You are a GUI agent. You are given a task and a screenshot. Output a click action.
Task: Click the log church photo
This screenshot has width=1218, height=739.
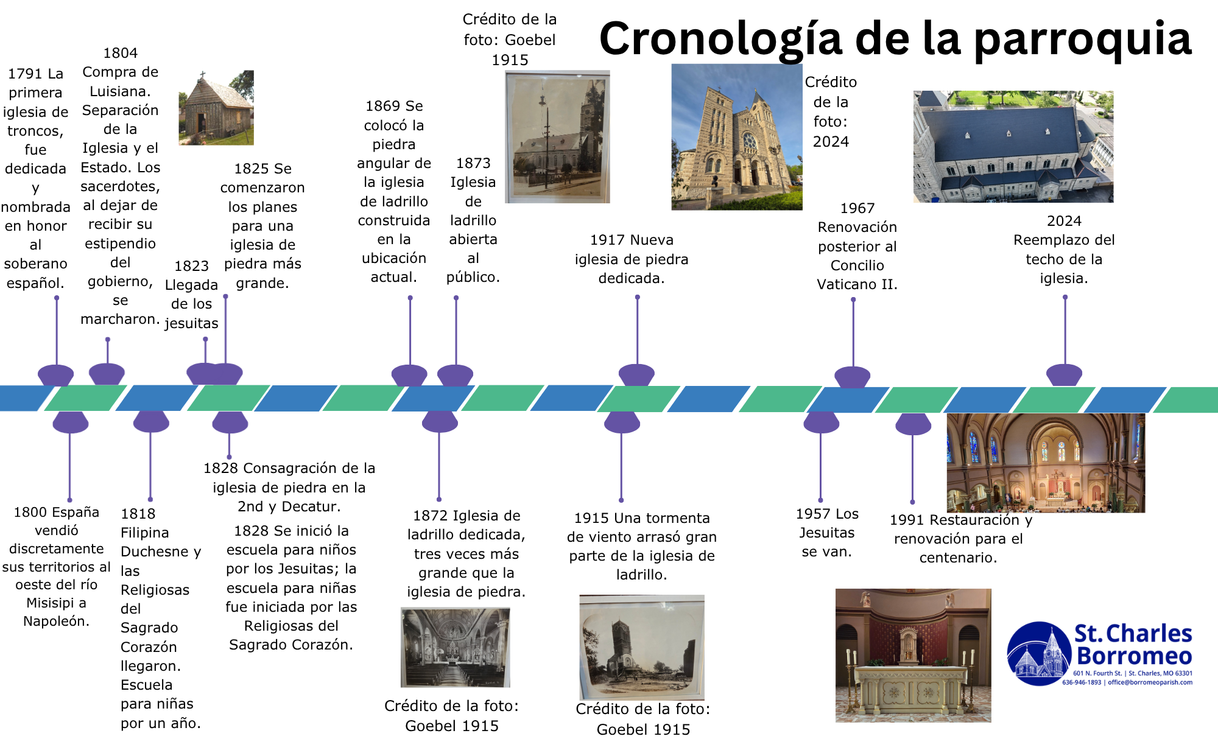tap(216, 108)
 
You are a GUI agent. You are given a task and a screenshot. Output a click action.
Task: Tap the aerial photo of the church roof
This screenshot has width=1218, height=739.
tap(1013, 147)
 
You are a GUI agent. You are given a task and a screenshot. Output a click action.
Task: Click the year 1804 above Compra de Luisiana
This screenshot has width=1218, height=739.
tap(120, 53)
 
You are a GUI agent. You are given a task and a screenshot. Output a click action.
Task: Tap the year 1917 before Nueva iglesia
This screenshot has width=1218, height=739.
tap(607, 240)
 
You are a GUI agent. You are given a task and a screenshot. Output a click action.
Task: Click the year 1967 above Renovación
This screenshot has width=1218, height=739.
tap(857, 208)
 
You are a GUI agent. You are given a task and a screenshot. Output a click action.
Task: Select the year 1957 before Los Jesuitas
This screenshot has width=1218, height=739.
tap(812, 514)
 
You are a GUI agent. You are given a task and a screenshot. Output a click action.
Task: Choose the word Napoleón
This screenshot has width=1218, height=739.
tap(56, 621)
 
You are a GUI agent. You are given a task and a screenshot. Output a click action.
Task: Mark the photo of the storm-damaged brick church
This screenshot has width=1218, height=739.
tap(642, 647)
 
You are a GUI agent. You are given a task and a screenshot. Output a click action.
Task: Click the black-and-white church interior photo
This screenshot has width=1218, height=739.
tap(455, 647)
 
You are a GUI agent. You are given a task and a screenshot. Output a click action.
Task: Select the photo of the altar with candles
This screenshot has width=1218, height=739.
tap(913, 655)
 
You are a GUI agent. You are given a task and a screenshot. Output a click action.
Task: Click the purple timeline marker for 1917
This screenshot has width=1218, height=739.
tap(636, 374)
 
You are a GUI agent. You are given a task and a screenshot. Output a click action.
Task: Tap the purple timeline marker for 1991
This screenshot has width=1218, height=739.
tap(913, 424)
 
